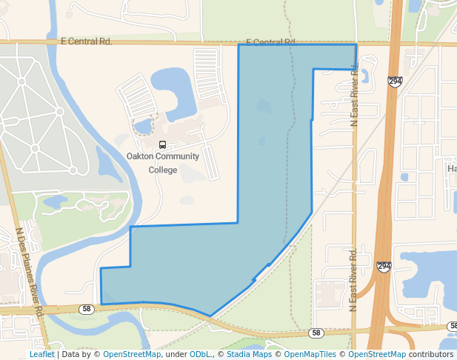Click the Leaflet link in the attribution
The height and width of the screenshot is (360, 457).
(41, 354)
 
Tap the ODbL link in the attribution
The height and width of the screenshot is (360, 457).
(200, 354)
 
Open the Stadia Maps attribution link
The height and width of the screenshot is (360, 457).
(248, 354)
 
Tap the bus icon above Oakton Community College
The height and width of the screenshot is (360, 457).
(163, 144)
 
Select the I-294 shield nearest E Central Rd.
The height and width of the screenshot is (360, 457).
(395, 81)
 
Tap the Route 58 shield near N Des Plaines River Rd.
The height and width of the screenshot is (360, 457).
(87, 309)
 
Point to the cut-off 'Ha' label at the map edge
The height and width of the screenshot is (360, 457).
(451, 169)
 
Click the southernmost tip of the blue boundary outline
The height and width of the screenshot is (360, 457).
(211, 316)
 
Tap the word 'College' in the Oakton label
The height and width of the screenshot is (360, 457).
(163, 170)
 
